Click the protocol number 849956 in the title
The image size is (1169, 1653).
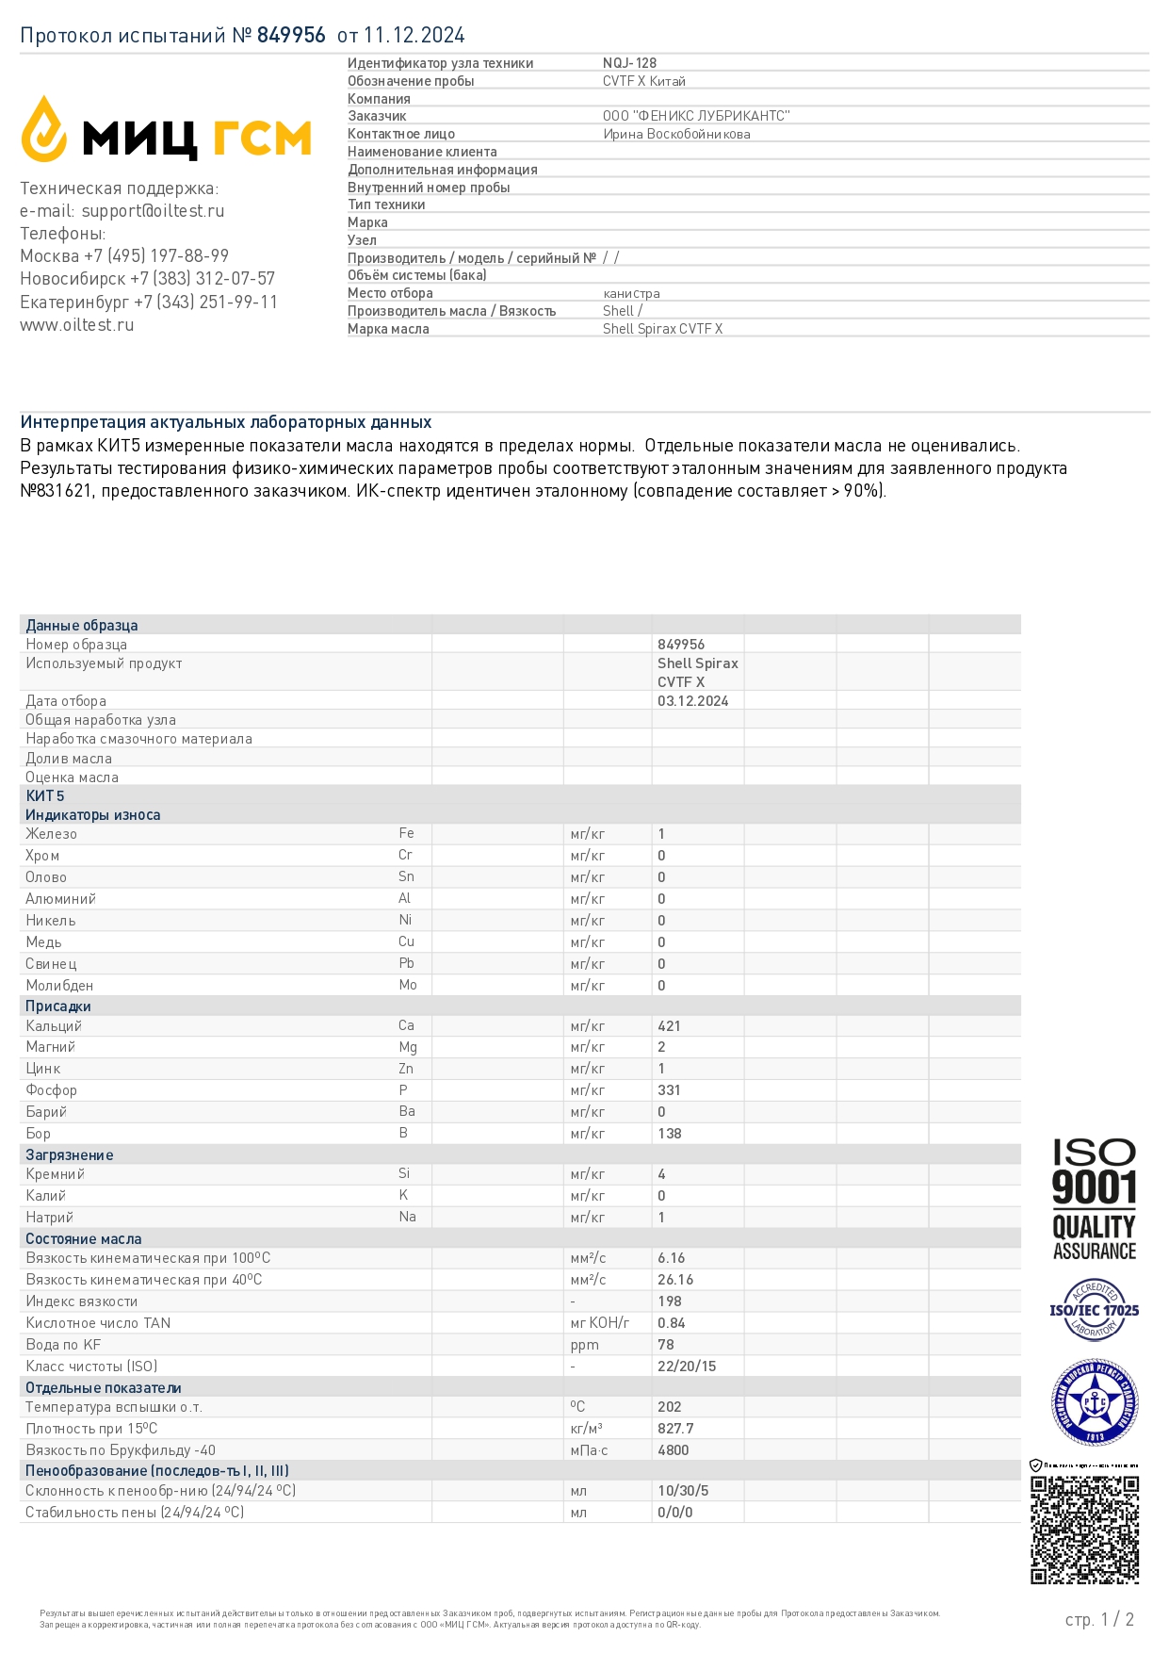tap(290, 36)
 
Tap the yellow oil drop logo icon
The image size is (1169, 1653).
tap(44, 129)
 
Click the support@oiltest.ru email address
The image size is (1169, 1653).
tap(153, 211)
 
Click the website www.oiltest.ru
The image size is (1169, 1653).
tap(77, 325)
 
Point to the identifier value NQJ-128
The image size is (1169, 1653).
tap(629, 63)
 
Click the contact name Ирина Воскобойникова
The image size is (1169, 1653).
tap(676, 134)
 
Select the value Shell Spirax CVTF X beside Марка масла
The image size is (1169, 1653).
tap(662, 329)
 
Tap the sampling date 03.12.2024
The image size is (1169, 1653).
tap(692, 701)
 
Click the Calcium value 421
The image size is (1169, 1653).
tap(669, 1026)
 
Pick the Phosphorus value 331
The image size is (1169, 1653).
tap(669, 1090)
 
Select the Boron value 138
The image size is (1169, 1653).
tap(669, 1134)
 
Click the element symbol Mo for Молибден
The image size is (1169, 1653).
tap(407, 985)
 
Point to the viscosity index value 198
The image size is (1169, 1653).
tap(669, 1301)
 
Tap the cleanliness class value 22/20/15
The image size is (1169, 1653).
tap(686, 1367)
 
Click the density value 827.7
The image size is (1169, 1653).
tap(674, 1429)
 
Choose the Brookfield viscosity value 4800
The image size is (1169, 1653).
tap(673, 1450)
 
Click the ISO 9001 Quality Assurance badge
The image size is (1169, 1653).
tap(1094, 1199)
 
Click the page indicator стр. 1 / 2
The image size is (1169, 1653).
tap(1099, 1620)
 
